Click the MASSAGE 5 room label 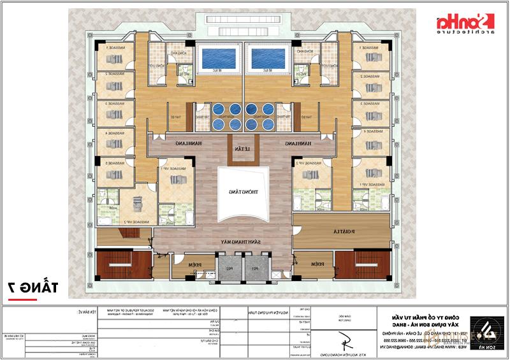point(115,164)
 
